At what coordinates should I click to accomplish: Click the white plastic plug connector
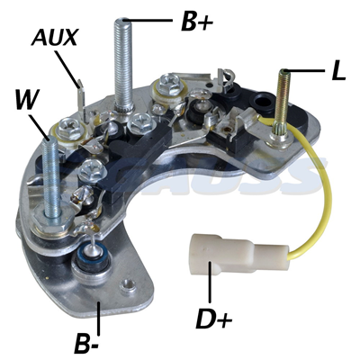[x=211, y=261]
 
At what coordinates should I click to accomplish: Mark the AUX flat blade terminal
[x=81, y=96]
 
